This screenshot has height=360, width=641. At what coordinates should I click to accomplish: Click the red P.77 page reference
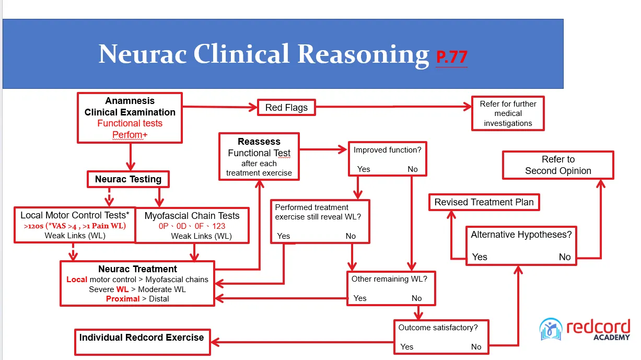pos(451,57)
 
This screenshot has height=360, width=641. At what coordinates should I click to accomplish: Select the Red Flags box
pos(286,108)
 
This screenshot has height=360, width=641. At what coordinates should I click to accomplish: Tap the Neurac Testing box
pos(128,179)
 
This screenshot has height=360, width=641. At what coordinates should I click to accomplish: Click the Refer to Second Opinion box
pos(558,165)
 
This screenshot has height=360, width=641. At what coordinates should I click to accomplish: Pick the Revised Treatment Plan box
pos(484,202)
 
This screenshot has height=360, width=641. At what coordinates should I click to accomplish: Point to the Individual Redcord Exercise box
pos(143,342)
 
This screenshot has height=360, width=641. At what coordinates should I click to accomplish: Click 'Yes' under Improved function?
pos(364,169)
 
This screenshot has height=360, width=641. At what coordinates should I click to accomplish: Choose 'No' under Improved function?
pos(413,169)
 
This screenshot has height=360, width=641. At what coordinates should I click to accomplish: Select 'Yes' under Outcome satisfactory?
pos(406,347)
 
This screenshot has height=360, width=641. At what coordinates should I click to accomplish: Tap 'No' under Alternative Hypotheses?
pos(565,257)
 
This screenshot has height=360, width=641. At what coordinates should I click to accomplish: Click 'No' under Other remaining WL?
pos(417,298)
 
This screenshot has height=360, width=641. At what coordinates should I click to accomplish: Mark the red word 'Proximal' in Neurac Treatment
pos(123,299)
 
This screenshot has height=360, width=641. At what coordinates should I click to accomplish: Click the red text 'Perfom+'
pos(130,134)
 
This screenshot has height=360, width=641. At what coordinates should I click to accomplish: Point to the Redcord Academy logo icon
pos(551,329)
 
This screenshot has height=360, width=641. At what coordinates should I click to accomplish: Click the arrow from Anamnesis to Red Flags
pos(220,107)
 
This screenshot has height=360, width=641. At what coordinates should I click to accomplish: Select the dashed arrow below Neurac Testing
pos(109,197)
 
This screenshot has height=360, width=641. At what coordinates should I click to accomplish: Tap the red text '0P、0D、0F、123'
pos(192,226)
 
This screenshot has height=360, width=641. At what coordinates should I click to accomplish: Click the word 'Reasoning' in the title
pos(364,55)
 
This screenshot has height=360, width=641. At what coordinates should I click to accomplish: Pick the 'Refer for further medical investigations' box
pos(508,113)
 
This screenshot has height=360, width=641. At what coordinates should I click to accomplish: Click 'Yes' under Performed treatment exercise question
pos(284,236)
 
